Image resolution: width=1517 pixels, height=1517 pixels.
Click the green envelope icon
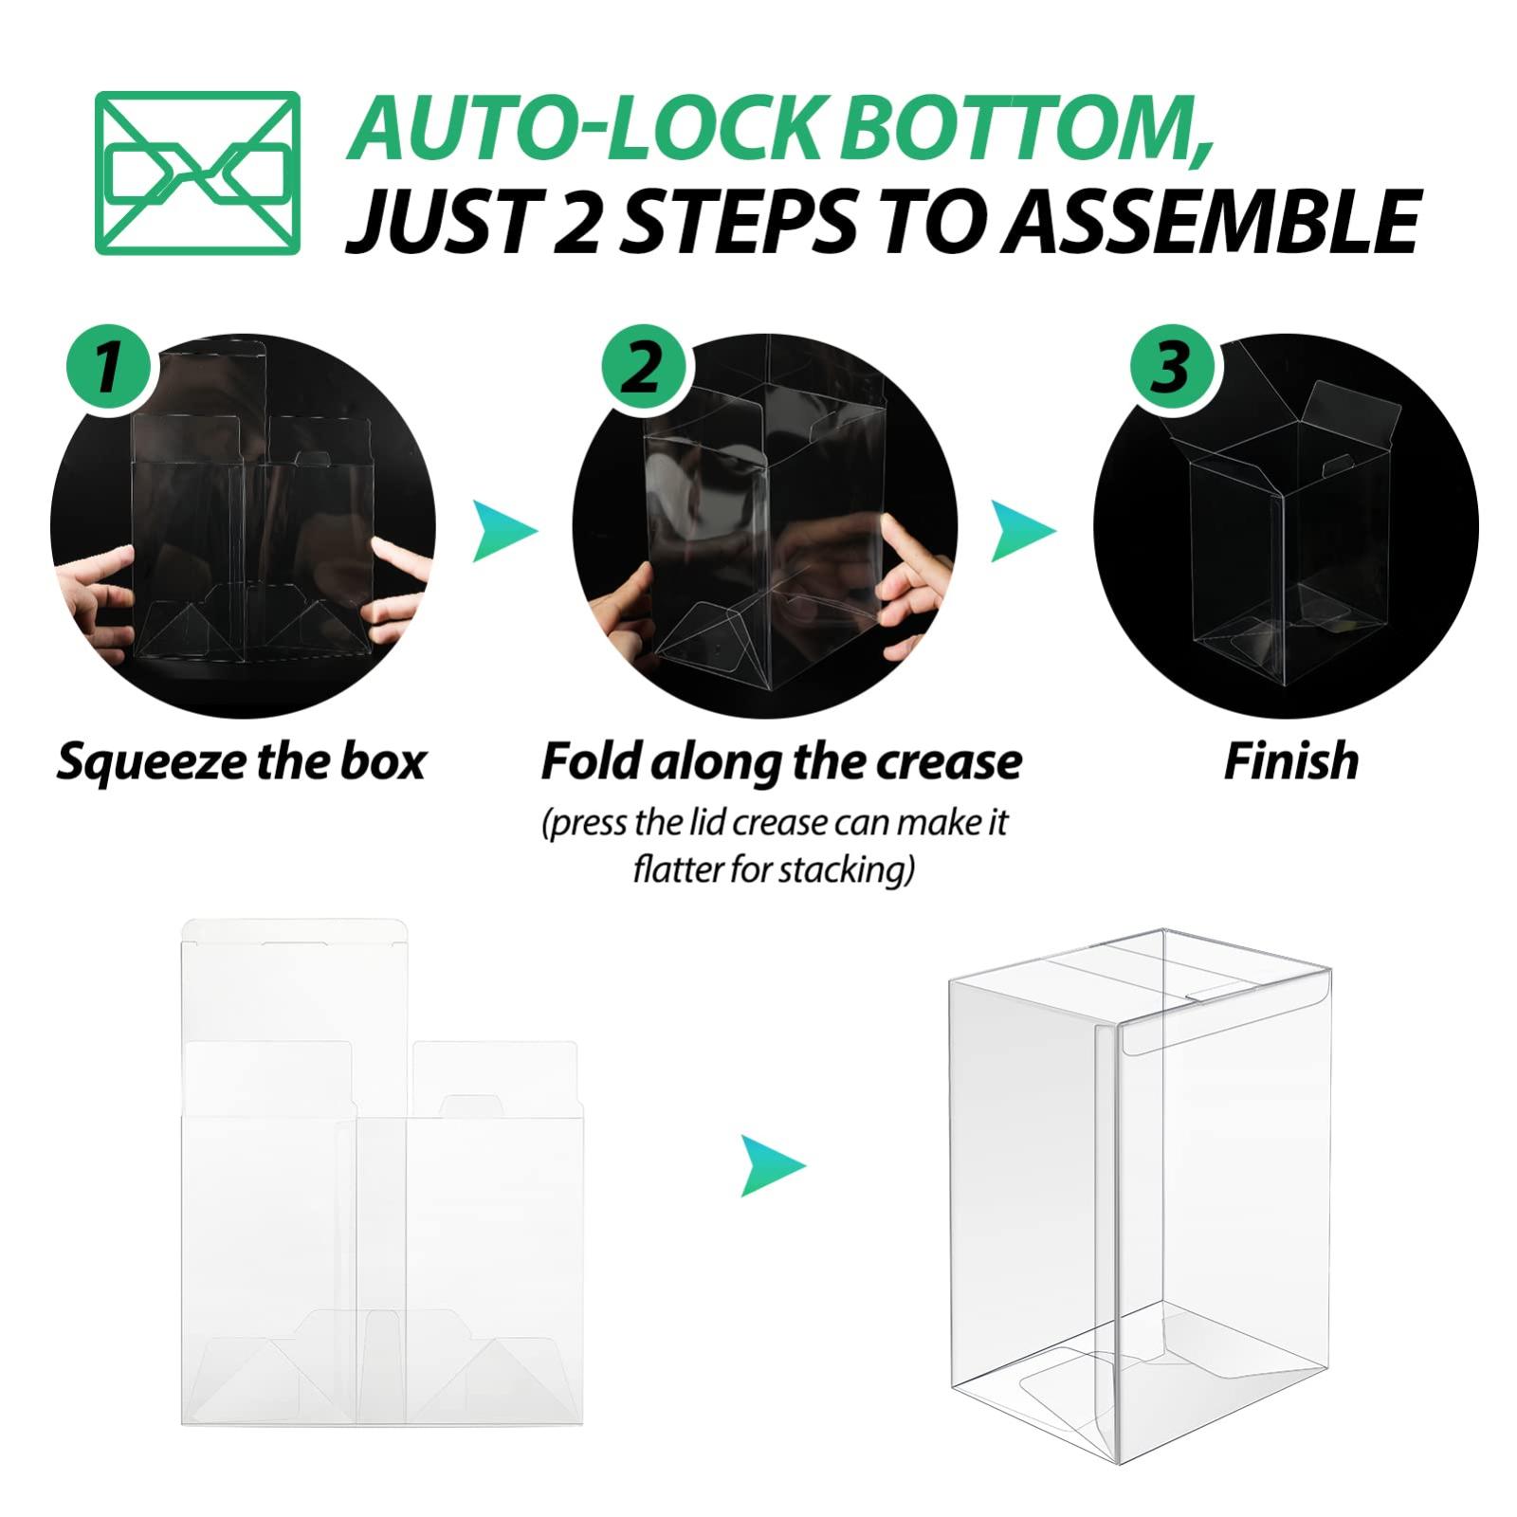tap(198, 173)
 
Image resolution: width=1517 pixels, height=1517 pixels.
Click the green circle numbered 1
tap(109, 367)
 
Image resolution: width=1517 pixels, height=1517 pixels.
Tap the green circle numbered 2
tap(644, 367)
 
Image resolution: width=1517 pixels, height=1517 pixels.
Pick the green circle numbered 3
tap(1171, 367)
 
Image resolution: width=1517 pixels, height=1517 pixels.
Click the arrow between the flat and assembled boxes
tap(773, 1164)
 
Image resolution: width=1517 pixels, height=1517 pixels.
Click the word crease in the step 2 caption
tap(948, 761)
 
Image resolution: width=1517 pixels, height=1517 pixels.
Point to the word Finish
tap(1291, 761)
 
